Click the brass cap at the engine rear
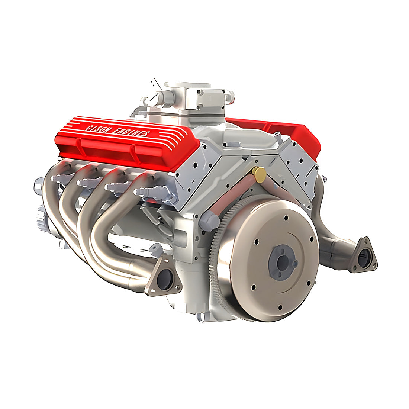(258, 174)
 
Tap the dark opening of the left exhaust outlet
(164, 279)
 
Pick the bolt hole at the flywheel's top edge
(285, 219)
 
